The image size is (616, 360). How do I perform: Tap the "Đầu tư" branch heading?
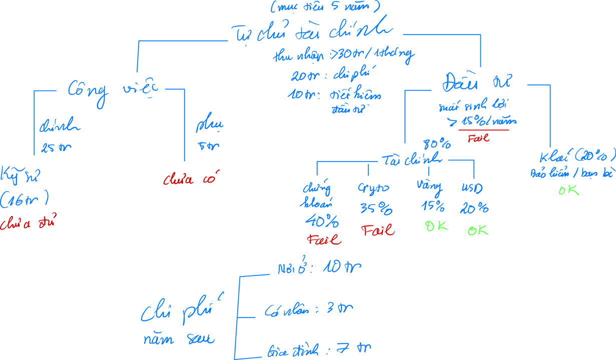[x=477, y=83]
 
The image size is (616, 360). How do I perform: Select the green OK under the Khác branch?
[x=568, y=190]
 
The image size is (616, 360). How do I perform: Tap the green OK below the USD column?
[x=478, y=230]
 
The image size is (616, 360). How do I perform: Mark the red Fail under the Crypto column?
[x=378, y=231]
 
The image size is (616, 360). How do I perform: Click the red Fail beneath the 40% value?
[x=324, y=240]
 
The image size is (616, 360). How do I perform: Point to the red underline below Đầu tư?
[x=483, y=130]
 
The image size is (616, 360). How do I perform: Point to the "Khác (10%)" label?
[x=576, y=157]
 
